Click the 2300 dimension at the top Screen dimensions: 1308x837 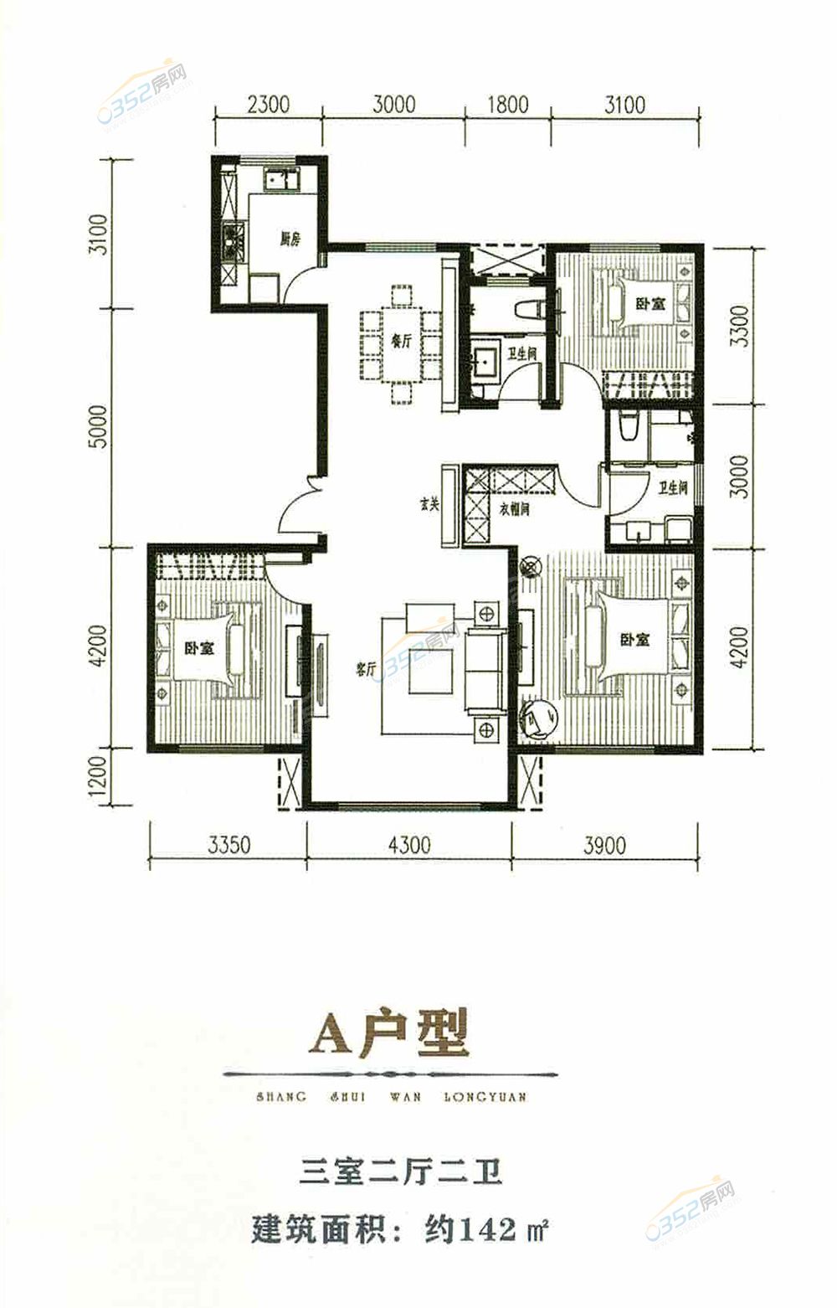(269, 105)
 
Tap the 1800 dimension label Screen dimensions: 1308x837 (507, 105)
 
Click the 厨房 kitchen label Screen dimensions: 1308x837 (289, 239)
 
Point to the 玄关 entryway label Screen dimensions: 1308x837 (429, 507)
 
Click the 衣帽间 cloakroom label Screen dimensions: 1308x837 (514, 508)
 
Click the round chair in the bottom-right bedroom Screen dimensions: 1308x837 (541, 718)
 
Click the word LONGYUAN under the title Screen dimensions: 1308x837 (483, 1096)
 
